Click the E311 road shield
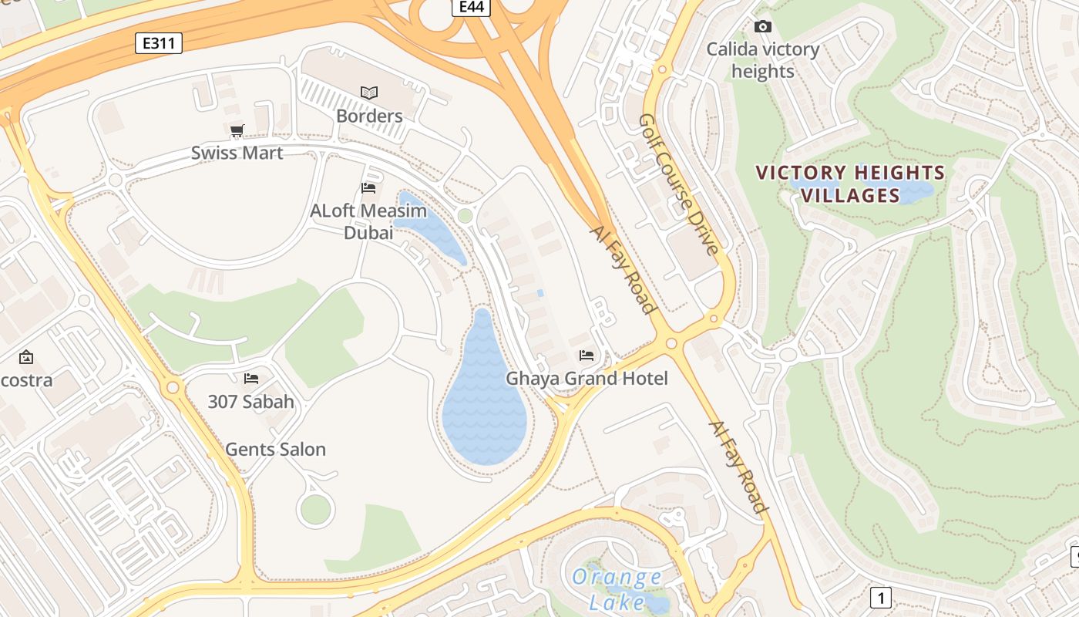point(159,43)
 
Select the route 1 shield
point(880,597)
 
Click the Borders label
point(369,116)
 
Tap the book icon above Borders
point(369,93)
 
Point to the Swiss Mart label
point(237,153)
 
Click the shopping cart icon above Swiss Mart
point(237,130)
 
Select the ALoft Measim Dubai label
point(368,221)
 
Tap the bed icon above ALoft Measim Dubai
point(368,187)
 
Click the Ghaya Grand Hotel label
point(587,378)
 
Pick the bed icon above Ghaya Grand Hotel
point(587,356)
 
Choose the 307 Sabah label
point(250,401)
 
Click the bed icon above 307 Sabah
point(250,378)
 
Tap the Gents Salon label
point(275,449)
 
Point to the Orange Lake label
point(617,588)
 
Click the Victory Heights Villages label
point(850,184)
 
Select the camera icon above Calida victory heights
point(762,27)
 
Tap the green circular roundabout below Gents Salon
point(315,510)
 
